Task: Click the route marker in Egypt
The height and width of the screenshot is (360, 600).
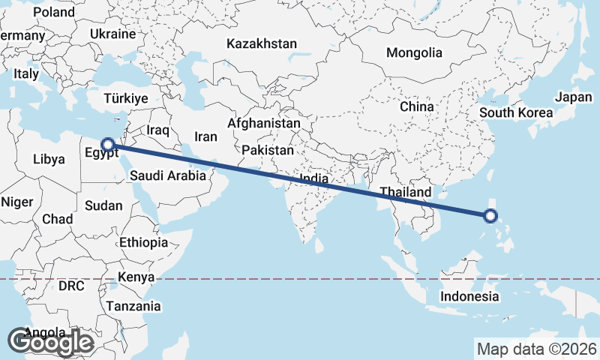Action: pos(108,143)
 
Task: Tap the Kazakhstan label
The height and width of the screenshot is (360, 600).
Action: pos(262,44)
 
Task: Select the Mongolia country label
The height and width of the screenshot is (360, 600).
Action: pos(414,53)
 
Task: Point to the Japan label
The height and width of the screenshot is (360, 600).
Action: pos(574,97)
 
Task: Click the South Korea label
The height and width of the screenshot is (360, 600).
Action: pos(516,113)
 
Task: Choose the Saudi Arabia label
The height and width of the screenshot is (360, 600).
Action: pos(167,176)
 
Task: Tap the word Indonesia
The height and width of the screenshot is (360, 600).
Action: pos(469,296)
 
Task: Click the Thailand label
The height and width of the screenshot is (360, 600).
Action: pos(405,193)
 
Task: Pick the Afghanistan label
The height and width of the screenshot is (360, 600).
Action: pos(264,123)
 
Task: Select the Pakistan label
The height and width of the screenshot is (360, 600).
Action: pos(268,150)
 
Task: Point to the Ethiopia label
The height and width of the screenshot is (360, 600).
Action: pos(143,242)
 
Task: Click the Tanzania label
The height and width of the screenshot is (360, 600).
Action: pos(133,306)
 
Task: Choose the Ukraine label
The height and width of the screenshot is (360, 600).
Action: pos(112,34)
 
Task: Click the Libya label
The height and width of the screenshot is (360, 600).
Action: pos(49,160)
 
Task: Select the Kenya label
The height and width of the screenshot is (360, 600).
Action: pos(136,277)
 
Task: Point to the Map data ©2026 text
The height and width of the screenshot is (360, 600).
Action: pos(536,349)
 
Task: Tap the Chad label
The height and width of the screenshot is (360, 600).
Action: pos(58,220)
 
